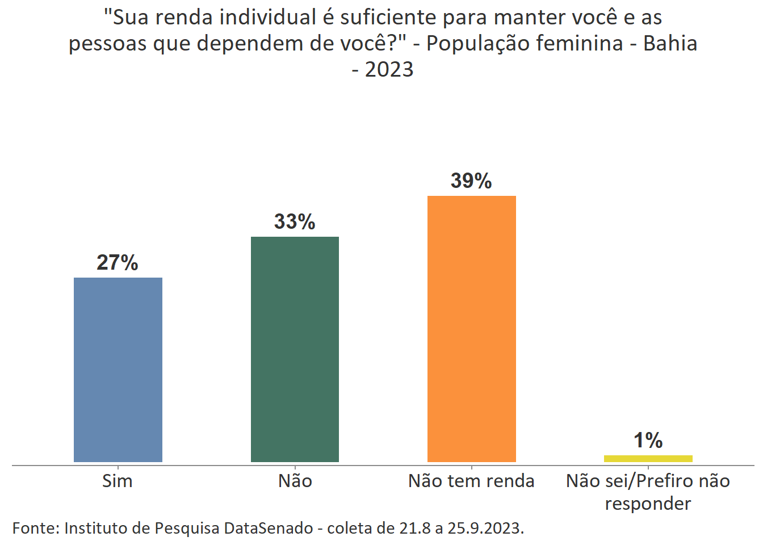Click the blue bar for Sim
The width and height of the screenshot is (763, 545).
click(118, 369)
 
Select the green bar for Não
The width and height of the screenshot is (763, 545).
click(295, 349)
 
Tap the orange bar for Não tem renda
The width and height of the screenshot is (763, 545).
click(471, 329)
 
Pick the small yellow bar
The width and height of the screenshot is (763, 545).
click(648, 458)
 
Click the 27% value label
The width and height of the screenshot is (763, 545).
click(118, 263)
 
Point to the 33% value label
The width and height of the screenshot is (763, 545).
click(295, 222)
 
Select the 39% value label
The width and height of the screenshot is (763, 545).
click(471, 181)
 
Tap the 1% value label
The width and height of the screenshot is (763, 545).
click(648, 441)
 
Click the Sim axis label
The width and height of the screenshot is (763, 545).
click(118, 481)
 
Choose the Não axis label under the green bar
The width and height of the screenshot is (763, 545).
click(295, 481)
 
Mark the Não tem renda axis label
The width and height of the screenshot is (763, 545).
click(471, 481)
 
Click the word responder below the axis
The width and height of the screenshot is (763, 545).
click(648, 504)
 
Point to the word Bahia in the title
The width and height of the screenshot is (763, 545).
click(670, 44)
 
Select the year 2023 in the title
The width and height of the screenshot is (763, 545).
click(389, 70)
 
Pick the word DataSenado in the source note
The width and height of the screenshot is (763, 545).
click(269, 528)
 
